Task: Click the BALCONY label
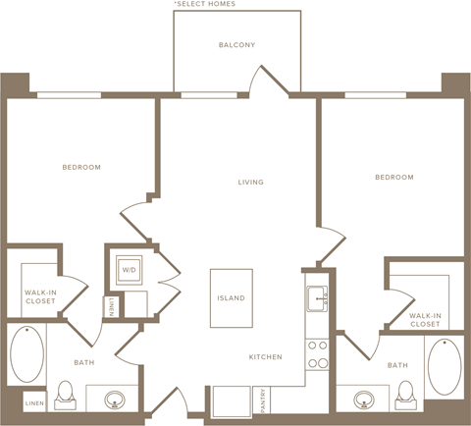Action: (x=236, y=45)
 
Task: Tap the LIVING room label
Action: (x=251, y=183)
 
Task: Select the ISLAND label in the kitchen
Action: (x=232, y=298)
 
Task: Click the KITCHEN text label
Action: (x=266, y=356)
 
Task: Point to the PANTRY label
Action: (x=261, y=400)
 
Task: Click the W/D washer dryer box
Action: (x=129, y=270)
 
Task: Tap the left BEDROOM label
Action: (x=81, y=168)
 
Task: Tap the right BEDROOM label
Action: (x=393, y=178)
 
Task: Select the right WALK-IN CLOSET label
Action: (x=425, y=318)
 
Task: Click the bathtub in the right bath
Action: (x=444, y=365)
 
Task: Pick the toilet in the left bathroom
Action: (x=65, y=394)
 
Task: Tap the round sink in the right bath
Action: (x=364, y=399)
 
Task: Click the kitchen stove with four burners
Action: (x=318, y=353)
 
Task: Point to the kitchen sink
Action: (x=318, y=298)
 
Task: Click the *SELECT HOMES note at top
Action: (x=204, y=4)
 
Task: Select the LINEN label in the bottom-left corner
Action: (x=33, y=403)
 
